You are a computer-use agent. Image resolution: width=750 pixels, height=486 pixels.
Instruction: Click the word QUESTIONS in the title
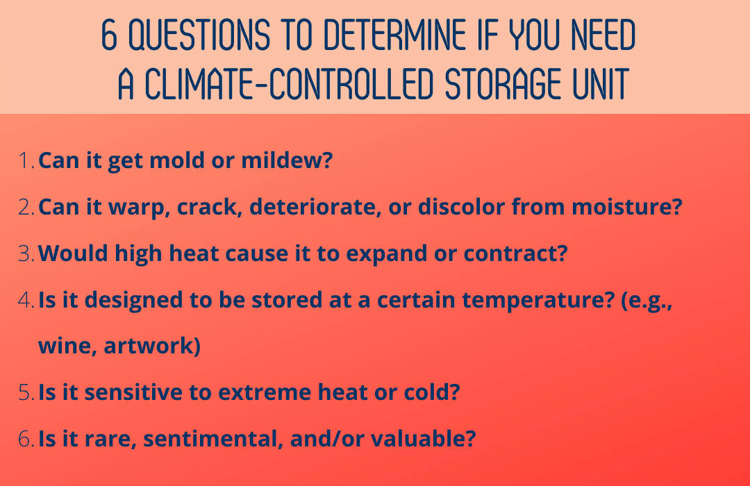(x=199, y=35)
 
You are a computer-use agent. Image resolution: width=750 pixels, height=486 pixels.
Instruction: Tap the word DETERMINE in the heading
(x=395, y=35)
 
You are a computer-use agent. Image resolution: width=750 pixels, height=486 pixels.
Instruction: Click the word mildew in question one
(x=287, y=160)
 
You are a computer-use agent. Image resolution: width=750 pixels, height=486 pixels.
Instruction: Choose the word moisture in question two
(x=627, y=207)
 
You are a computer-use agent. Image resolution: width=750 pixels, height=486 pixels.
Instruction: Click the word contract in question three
(x=515, y=253)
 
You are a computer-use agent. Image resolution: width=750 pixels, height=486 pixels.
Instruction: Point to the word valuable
(x=424, y=438)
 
